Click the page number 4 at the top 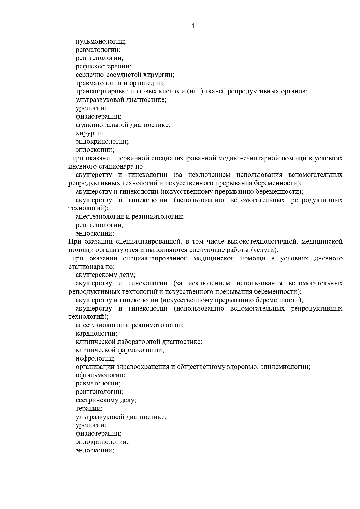point(193,26)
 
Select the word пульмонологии point(101,41)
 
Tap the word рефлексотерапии point(103,66)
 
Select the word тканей point(216,91)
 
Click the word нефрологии point(95,358)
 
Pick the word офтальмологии point(100,375)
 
